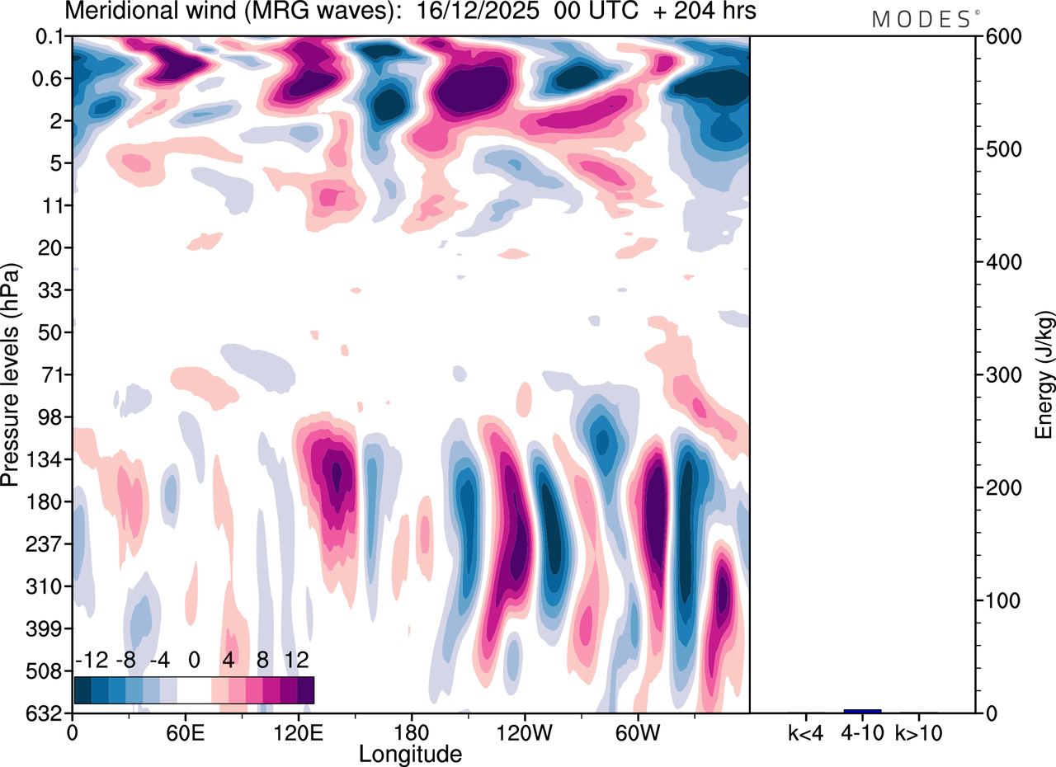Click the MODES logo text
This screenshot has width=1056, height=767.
pyautogui.click(x=922, y=20)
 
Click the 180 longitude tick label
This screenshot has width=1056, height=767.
pyautogui.click(x=412, y=732)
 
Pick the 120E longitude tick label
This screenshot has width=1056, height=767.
pyautogui.click(x=299, y=732)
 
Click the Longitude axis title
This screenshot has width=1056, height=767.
pyautogui.click(x=410, y=753)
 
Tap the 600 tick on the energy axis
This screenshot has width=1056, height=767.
pyautogui.click(x=1000, y=37)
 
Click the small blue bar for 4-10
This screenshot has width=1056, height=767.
pyautogui.click(x=862, y=711)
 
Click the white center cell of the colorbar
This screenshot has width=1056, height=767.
pyautogui.click(x=194, y=689)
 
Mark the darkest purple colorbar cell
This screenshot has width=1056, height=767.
pyautogui.click(x=305, y=689)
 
